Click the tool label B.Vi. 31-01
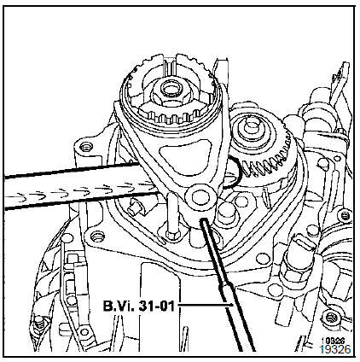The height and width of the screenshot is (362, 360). [x=138, y=306]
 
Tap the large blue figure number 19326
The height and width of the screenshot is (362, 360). [x=335, y=349]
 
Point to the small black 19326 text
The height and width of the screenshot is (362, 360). [x=333, y=341]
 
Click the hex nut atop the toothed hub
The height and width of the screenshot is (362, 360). [x=169, y=91]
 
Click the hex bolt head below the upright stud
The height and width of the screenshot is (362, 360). [x=171, y=236]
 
